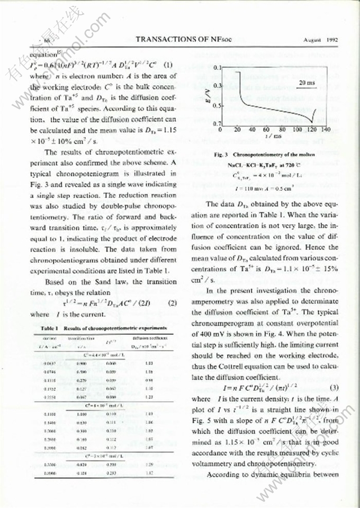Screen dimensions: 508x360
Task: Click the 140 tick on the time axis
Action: pos(325,130)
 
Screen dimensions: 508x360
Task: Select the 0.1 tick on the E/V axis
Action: pos(217,68)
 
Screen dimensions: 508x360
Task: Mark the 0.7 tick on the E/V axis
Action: pos(217,124)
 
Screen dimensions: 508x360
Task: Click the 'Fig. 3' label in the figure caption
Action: pos(221,155)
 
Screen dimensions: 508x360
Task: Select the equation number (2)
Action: pos(171,303)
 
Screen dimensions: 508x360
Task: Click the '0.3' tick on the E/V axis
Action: pos(217,85)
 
